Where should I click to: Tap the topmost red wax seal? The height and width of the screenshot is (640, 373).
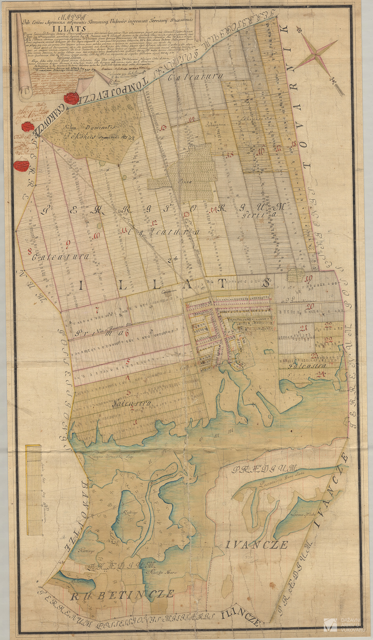point(72,98)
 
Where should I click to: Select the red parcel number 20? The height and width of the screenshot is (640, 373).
point(309,306)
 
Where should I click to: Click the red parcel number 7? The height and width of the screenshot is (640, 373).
point(97,310)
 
